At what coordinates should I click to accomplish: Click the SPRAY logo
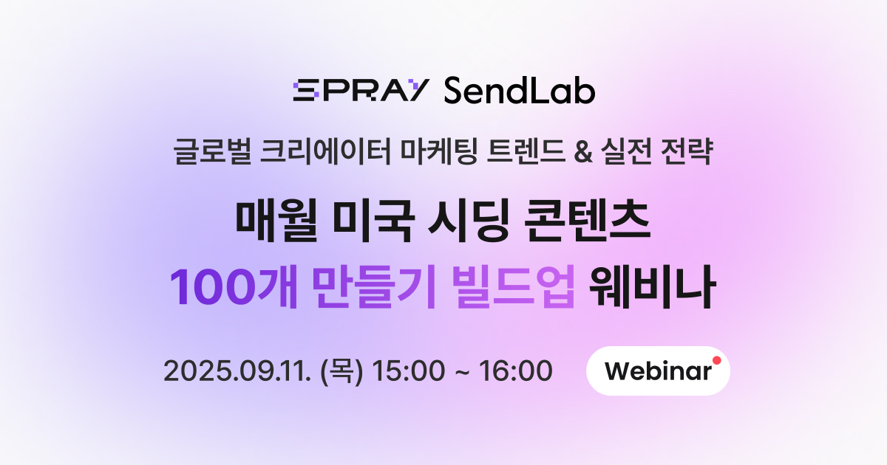[361, 90]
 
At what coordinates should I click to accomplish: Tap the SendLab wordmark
[520, 90]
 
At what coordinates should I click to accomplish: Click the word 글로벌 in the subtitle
[213, 151]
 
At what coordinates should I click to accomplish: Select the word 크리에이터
[326, 151]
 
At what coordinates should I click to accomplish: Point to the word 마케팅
[439, 151]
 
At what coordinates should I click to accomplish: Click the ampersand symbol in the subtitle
[583, 152]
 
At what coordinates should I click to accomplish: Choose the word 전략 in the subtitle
[687, 151]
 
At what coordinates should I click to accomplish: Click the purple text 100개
[234, 286]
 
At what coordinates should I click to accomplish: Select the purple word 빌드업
[513, 286]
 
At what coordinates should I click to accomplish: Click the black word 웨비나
[652, 286]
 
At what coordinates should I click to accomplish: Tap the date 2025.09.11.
[237, 371]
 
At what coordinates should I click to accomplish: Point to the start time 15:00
[409, 371]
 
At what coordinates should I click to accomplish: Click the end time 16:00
[516, 371]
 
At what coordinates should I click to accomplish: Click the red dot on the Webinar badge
[717, 360]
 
